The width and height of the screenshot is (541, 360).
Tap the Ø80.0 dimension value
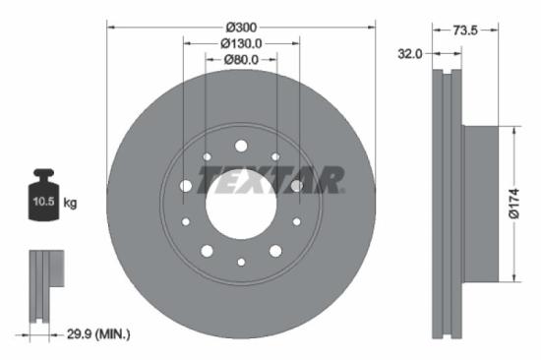click(241, 60)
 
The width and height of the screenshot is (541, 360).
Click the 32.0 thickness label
click(409, 54)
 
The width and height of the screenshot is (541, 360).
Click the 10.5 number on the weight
click(44, 204)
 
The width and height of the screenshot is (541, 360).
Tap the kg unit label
click(71, 204)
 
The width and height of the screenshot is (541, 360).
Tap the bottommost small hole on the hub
click(241, 262)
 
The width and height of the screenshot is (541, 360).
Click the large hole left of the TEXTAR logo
click(186, 185)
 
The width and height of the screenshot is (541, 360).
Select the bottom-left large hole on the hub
click(207, 251)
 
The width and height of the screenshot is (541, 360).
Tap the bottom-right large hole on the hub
click(275, 251)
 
